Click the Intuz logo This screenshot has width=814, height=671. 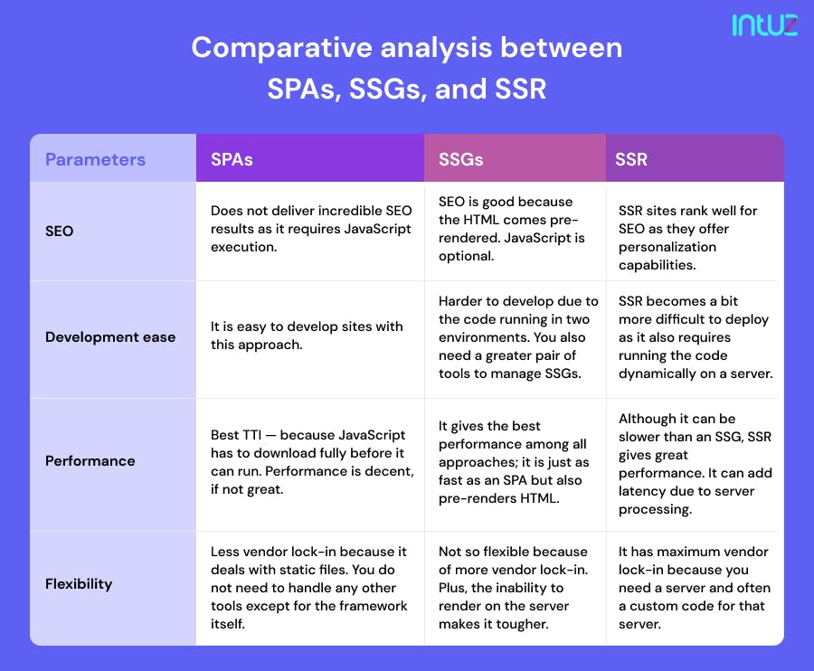764,24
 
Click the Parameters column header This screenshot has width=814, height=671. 95,159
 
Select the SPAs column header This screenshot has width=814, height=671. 232,159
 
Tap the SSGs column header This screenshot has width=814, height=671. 460,159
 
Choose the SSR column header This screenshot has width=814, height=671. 631,159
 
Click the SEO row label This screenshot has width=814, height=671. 60,231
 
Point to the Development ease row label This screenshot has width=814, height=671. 110,337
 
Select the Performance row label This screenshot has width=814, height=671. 90,460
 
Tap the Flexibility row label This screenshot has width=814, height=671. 79,583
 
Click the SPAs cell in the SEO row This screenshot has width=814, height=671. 310,228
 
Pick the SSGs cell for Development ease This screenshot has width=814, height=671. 517,336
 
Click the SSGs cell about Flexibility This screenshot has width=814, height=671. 513,588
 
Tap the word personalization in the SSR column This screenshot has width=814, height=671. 667,247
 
